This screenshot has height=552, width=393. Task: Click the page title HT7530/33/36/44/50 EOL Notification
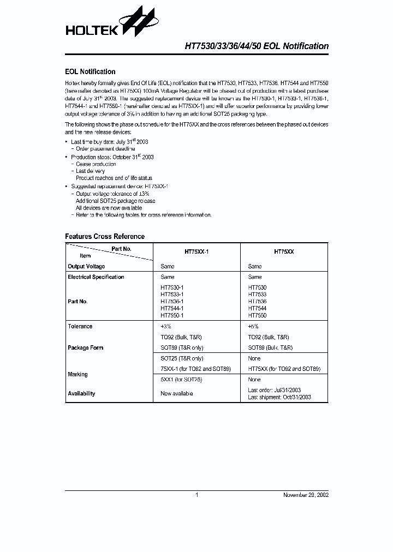pyautogui.click(x=253, y=46)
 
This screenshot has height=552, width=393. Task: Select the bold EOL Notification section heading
pyautogui.click(x=90, y=71)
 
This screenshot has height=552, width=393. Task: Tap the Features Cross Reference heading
pyautogui.click(x=105, y=236)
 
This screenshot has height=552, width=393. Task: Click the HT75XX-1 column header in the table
pyautogui.click(x=196, y=253)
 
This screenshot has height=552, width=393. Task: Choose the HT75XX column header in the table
pyautogui.click(x=284, y=253)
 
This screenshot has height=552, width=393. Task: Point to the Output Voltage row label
pyautogui.click(x=86, y=266)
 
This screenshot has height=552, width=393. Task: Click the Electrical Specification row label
pyautogui.click(x=96, y=277)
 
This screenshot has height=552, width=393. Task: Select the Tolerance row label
pyautogui.click(x=80, y=326)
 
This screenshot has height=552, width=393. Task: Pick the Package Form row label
pyautogui.click(x=86, y=347)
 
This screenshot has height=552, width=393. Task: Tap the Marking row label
pyautogui.click(x=78, y=374)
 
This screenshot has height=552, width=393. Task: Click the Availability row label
pyautogui.click(x=81, y=393)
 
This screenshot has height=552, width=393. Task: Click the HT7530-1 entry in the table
pyautogui.click(x=172, y=287)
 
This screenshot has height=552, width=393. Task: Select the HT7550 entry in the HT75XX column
pyautogui.click(x=257, y=315)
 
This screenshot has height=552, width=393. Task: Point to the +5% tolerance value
pyautogui.click(x=254, y=326)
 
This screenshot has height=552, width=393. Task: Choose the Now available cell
pyautogui.click(x=177, y=393)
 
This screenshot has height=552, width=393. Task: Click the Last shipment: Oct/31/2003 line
pyautogui.click(x=279, y=397)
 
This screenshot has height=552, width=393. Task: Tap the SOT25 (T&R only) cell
pyautogui.click(x=182, y=358)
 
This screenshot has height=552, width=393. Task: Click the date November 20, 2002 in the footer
pyautogui.click(x=306, y=495)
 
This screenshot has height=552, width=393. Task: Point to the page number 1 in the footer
pyautogui.click(x=196, y=495)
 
